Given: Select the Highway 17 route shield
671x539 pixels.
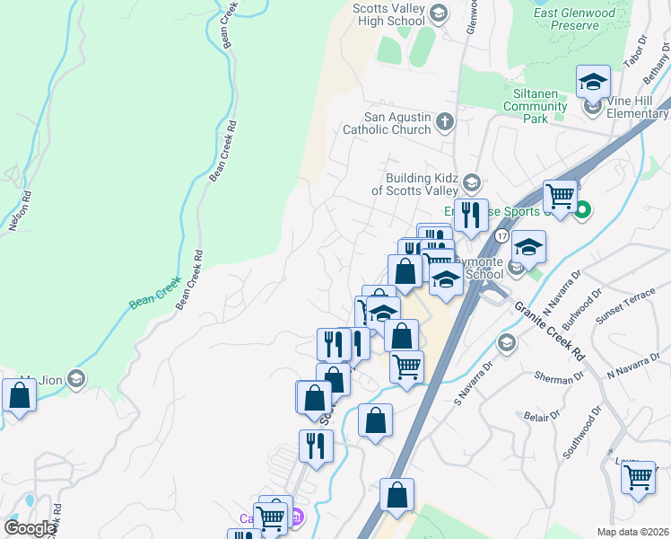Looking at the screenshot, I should tap(501, 235).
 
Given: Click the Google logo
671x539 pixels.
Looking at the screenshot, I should tap(30, 527).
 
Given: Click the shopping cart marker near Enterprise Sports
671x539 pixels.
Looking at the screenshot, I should tap(561, 194).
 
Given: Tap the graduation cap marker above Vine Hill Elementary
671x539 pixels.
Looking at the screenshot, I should tap(592, 83).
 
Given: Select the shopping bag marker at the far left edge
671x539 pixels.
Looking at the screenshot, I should tap(19, 395).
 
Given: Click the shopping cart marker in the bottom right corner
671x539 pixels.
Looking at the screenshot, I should tap(638, 476).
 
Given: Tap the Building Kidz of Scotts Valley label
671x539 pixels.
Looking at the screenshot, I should tap(414, 184).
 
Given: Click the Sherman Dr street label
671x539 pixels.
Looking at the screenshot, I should tap(553, 379).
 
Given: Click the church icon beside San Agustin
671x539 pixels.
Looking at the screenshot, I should tap(445, 121).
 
